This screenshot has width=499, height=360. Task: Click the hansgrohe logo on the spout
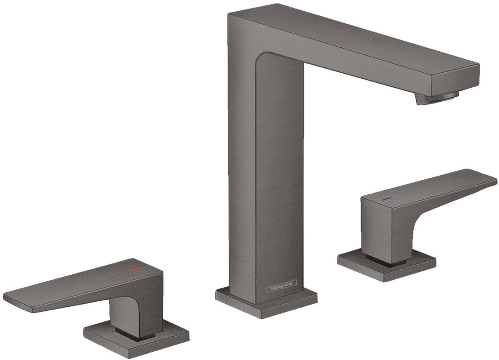(282, 283)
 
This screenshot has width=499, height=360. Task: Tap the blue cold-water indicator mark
(385, 200)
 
